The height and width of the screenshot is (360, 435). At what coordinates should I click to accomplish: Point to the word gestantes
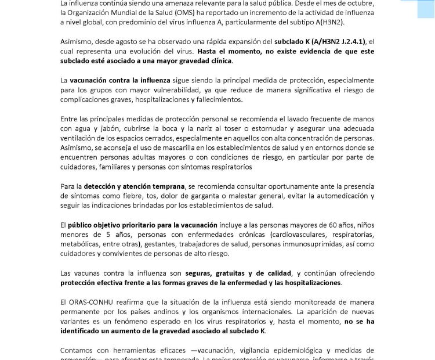point(145,244)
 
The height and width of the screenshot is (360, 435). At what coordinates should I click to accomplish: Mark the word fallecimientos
point(206,100)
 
